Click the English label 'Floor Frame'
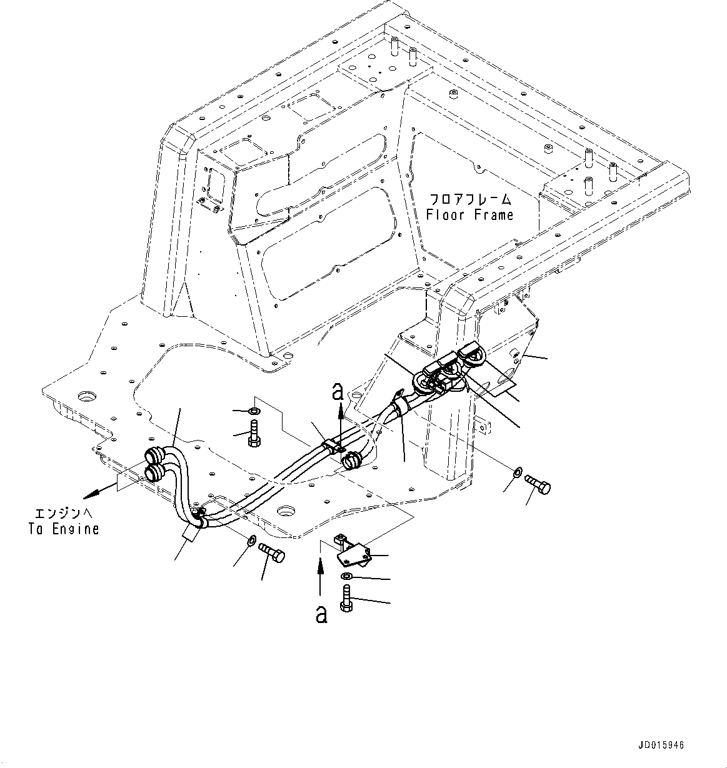pyautogui.click(x=469, y=215)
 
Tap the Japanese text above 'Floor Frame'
pyautogui.click(x=469, y=200)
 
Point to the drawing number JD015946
pyautogui.click(x=661, y=746)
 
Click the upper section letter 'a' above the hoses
pyautogui.click(x=338, y=392)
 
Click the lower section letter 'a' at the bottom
pyautogui.click(x=321, y=614)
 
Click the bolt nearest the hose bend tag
pyautogui.click(x=272, y=552)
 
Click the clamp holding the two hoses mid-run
pyautogui.click(x=332, y=447)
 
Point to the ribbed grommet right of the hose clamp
pyautogui.click(x=353, y=460)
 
